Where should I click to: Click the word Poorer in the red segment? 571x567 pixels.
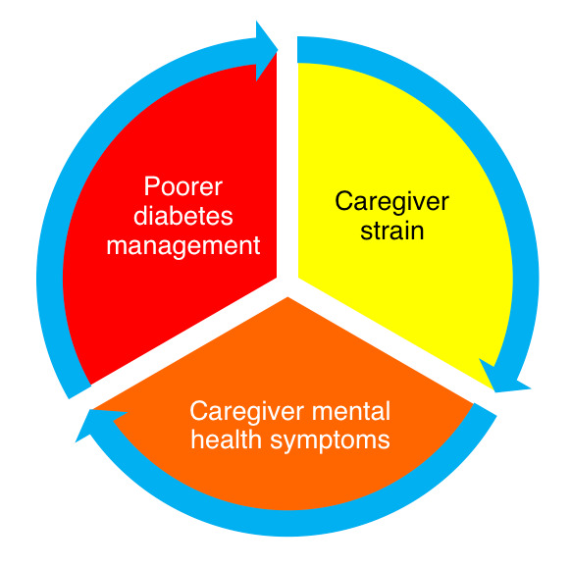pos(183,186)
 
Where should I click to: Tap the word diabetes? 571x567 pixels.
pos(183,216)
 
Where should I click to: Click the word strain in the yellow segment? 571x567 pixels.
pos(392,231)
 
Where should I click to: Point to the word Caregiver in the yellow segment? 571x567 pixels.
pos(391,202)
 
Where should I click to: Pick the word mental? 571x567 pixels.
pos(351,411)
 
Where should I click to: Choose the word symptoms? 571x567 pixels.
pos(330,441)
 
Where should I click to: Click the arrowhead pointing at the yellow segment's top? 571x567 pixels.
pos(266,50)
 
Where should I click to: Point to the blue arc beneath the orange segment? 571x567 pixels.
pos(287,523)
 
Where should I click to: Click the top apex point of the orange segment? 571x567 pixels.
pos(287,297)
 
